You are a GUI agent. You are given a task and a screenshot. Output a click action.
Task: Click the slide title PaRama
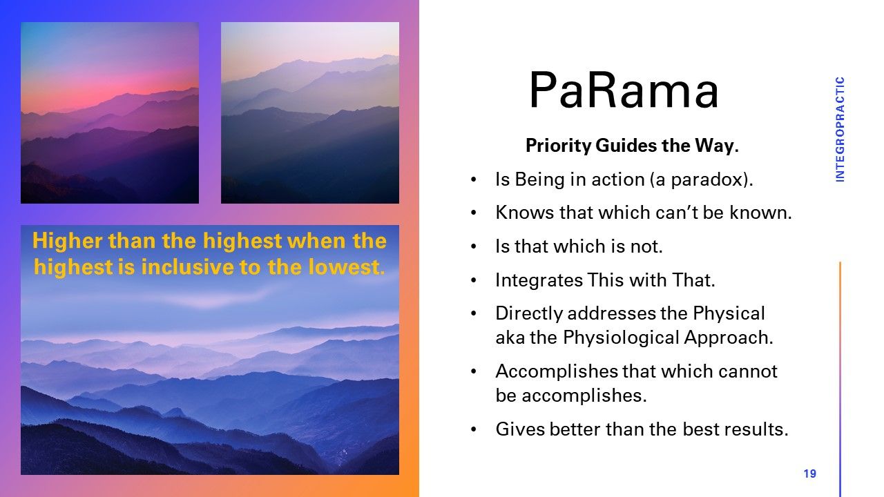(624, 90)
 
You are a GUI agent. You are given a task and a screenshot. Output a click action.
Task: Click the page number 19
(810, 474)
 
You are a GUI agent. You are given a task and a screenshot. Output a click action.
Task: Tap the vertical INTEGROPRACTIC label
(840, 129)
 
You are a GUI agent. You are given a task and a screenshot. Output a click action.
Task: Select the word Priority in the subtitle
(559, 145)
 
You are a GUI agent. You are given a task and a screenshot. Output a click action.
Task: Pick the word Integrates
(539, 280)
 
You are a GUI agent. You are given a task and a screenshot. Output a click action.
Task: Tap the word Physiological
(621, 338)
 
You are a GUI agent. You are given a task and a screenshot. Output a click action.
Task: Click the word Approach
(729, 338)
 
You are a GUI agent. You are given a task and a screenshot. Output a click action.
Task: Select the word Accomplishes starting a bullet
(557, 371)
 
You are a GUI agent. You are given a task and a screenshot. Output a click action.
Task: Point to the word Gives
(520, 429)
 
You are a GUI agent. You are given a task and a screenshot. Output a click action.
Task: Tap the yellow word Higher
(67, 241)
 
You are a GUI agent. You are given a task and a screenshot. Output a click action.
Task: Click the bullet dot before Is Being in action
(474, 180)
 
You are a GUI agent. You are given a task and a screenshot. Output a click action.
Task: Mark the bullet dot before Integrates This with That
(474, 281)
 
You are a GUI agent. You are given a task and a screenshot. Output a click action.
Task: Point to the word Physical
(729, 313)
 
